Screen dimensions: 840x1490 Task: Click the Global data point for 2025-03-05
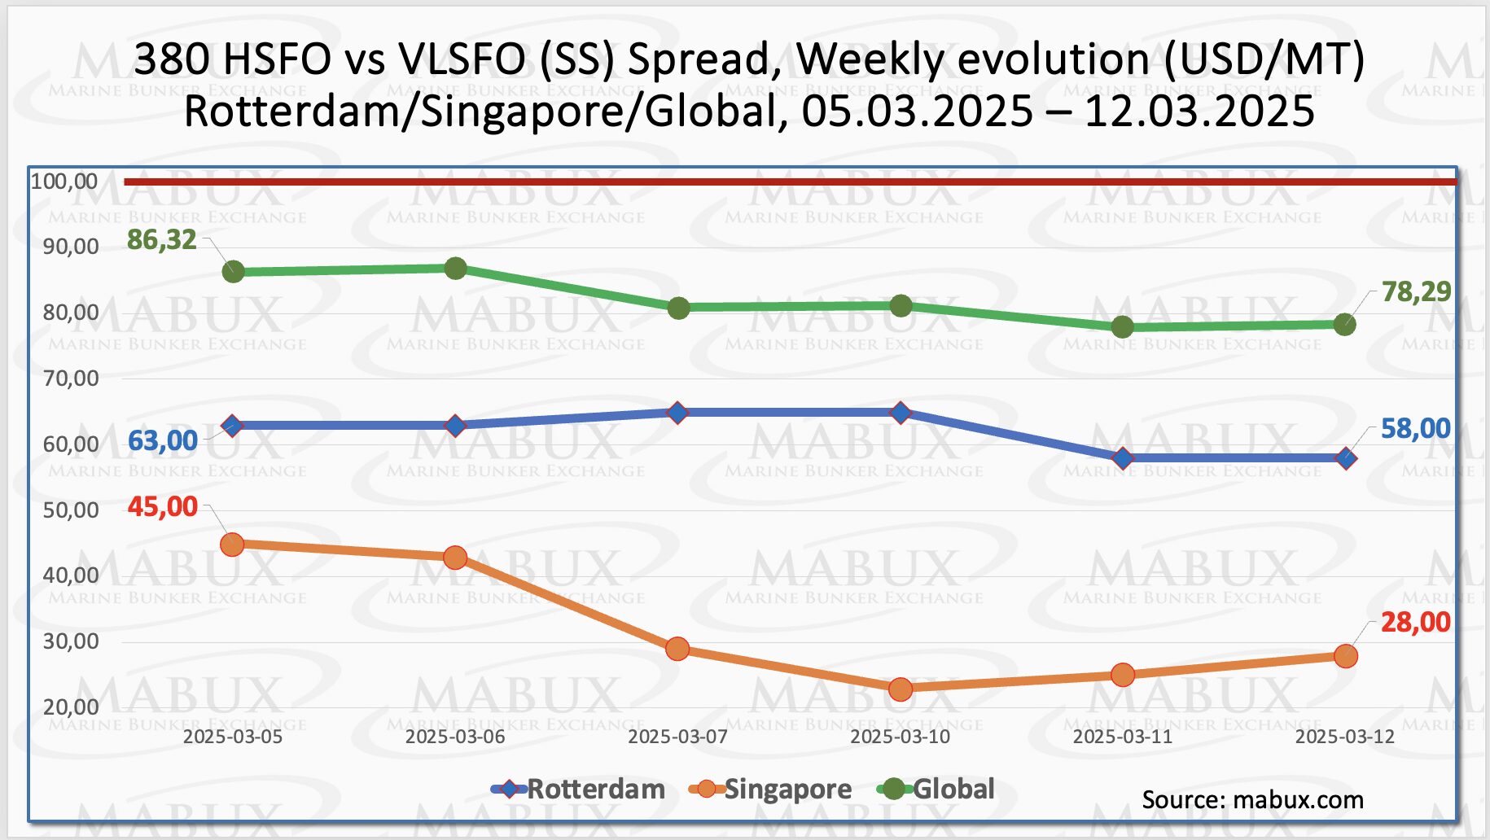coord(233,272)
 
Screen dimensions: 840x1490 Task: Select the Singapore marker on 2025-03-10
coord(901,689)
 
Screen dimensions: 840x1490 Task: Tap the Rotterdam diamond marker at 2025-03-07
coord(677,413)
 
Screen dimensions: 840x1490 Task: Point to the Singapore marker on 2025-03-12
coord(1346,656)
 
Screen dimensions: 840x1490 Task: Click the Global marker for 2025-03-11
coord(1123,327)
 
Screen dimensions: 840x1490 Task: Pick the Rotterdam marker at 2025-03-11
coord(1123,458)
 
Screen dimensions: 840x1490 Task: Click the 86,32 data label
coord(161,240)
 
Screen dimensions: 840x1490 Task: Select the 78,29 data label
coord(1416,291)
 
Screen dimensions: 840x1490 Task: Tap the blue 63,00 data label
coord(163,440)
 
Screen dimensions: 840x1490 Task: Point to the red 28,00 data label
coord(1416,623)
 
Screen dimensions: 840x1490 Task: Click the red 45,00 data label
coord(163,507)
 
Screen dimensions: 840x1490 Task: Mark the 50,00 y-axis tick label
coord(71,510)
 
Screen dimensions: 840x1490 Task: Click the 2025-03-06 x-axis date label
coord(455,737)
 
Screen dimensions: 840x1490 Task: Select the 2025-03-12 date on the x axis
coord(1345,737)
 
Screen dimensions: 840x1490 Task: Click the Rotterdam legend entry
coord(595,789)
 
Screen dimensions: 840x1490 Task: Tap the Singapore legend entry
coord(787,789)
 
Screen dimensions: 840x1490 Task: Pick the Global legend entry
coord(953,789)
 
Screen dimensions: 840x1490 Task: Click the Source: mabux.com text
coord(1252,799)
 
